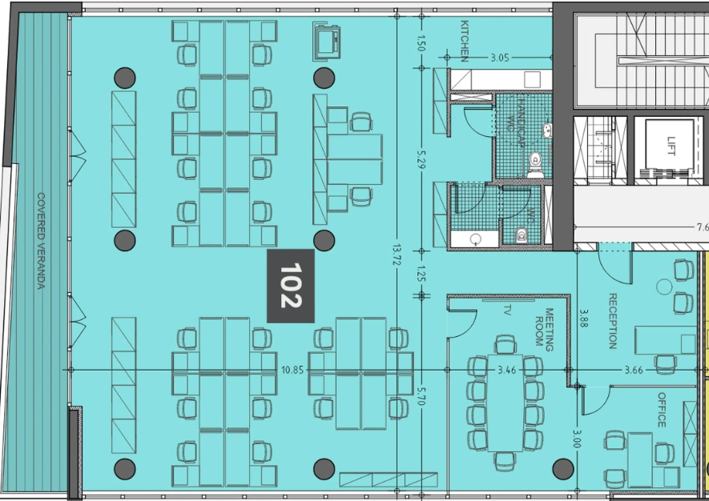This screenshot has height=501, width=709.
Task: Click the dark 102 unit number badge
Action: click(290, 286)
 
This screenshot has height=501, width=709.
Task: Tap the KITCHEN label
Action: click(465, 41)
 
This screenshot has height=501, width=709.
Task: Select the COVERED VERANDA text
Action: click(41, 241)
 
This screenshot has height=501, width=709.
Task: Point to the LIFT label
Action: click(671, 146)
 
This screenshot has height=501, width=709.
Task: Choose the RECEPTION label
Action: click(613, 321)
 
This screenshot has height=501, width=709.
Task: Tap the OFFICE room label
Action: click(662, 410)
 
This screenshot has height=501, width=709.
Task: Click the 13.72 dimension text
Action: click(397, 255)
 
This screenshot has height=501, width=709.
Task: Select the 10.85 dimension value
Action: click(292, 370)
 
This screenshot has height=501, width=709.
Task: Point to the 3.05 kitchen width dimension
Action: click(500, 58)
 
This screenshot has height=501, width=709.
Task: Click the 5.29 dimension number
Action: click(421, 159)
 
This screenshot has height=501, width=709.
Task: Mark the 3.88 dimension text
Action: click(583, 318)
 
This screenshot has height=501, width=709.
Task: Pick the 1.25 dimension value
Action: click(421, 274)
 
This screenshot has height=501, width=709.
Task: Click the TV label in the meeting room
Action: click(507, 310)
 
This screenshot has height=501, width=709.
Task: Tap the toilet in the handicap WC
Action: click(536, 165)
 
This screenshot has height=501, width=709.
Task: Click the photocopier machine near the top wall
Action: click(326, 41)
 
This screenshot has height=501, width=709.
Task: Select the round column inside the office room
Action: click(563, 469)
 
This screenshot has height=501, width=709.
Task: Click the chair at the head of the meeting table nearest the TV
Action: click(505, 344)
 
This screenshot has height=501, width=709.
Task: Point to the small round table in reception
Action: click(664, 287)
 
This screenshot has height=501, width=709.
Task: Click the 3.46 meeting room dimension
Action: click(506, 370)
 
